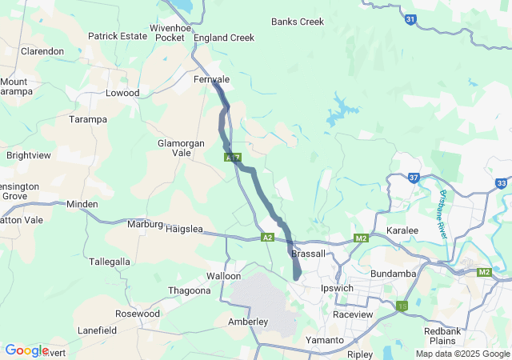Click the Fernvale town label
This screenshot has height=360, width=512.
point(211,80)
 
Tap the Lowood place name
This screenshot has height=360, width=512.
point(122,93)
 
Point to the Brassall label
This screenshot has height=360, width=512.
point(309,254)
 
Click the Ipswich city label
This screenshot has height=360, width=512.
point(337,288)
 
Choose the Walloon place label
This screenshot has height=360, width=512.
point(223,276)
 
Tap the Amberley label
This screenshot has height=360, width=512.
point(248,322)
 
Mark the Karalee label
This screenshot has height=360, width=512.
point(402,230)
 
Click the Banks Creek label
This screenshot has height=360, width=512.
point(298,22)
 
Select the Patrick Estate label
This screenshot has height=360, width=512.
point(117,36)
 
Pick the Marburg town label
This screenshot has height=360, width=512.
point(145,224)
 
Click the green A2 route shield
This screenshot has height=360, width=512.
point(267,238)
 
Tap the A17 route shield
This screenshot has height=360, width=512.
point(232,158)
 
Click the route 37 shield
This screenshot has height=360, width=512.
point(413,177)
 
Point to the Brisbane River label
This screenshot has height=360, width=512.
point(442,213)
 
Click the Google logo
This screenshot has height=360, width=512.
point(26,350)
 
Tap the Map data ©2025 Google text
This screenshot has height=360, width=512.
point(462,354)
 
